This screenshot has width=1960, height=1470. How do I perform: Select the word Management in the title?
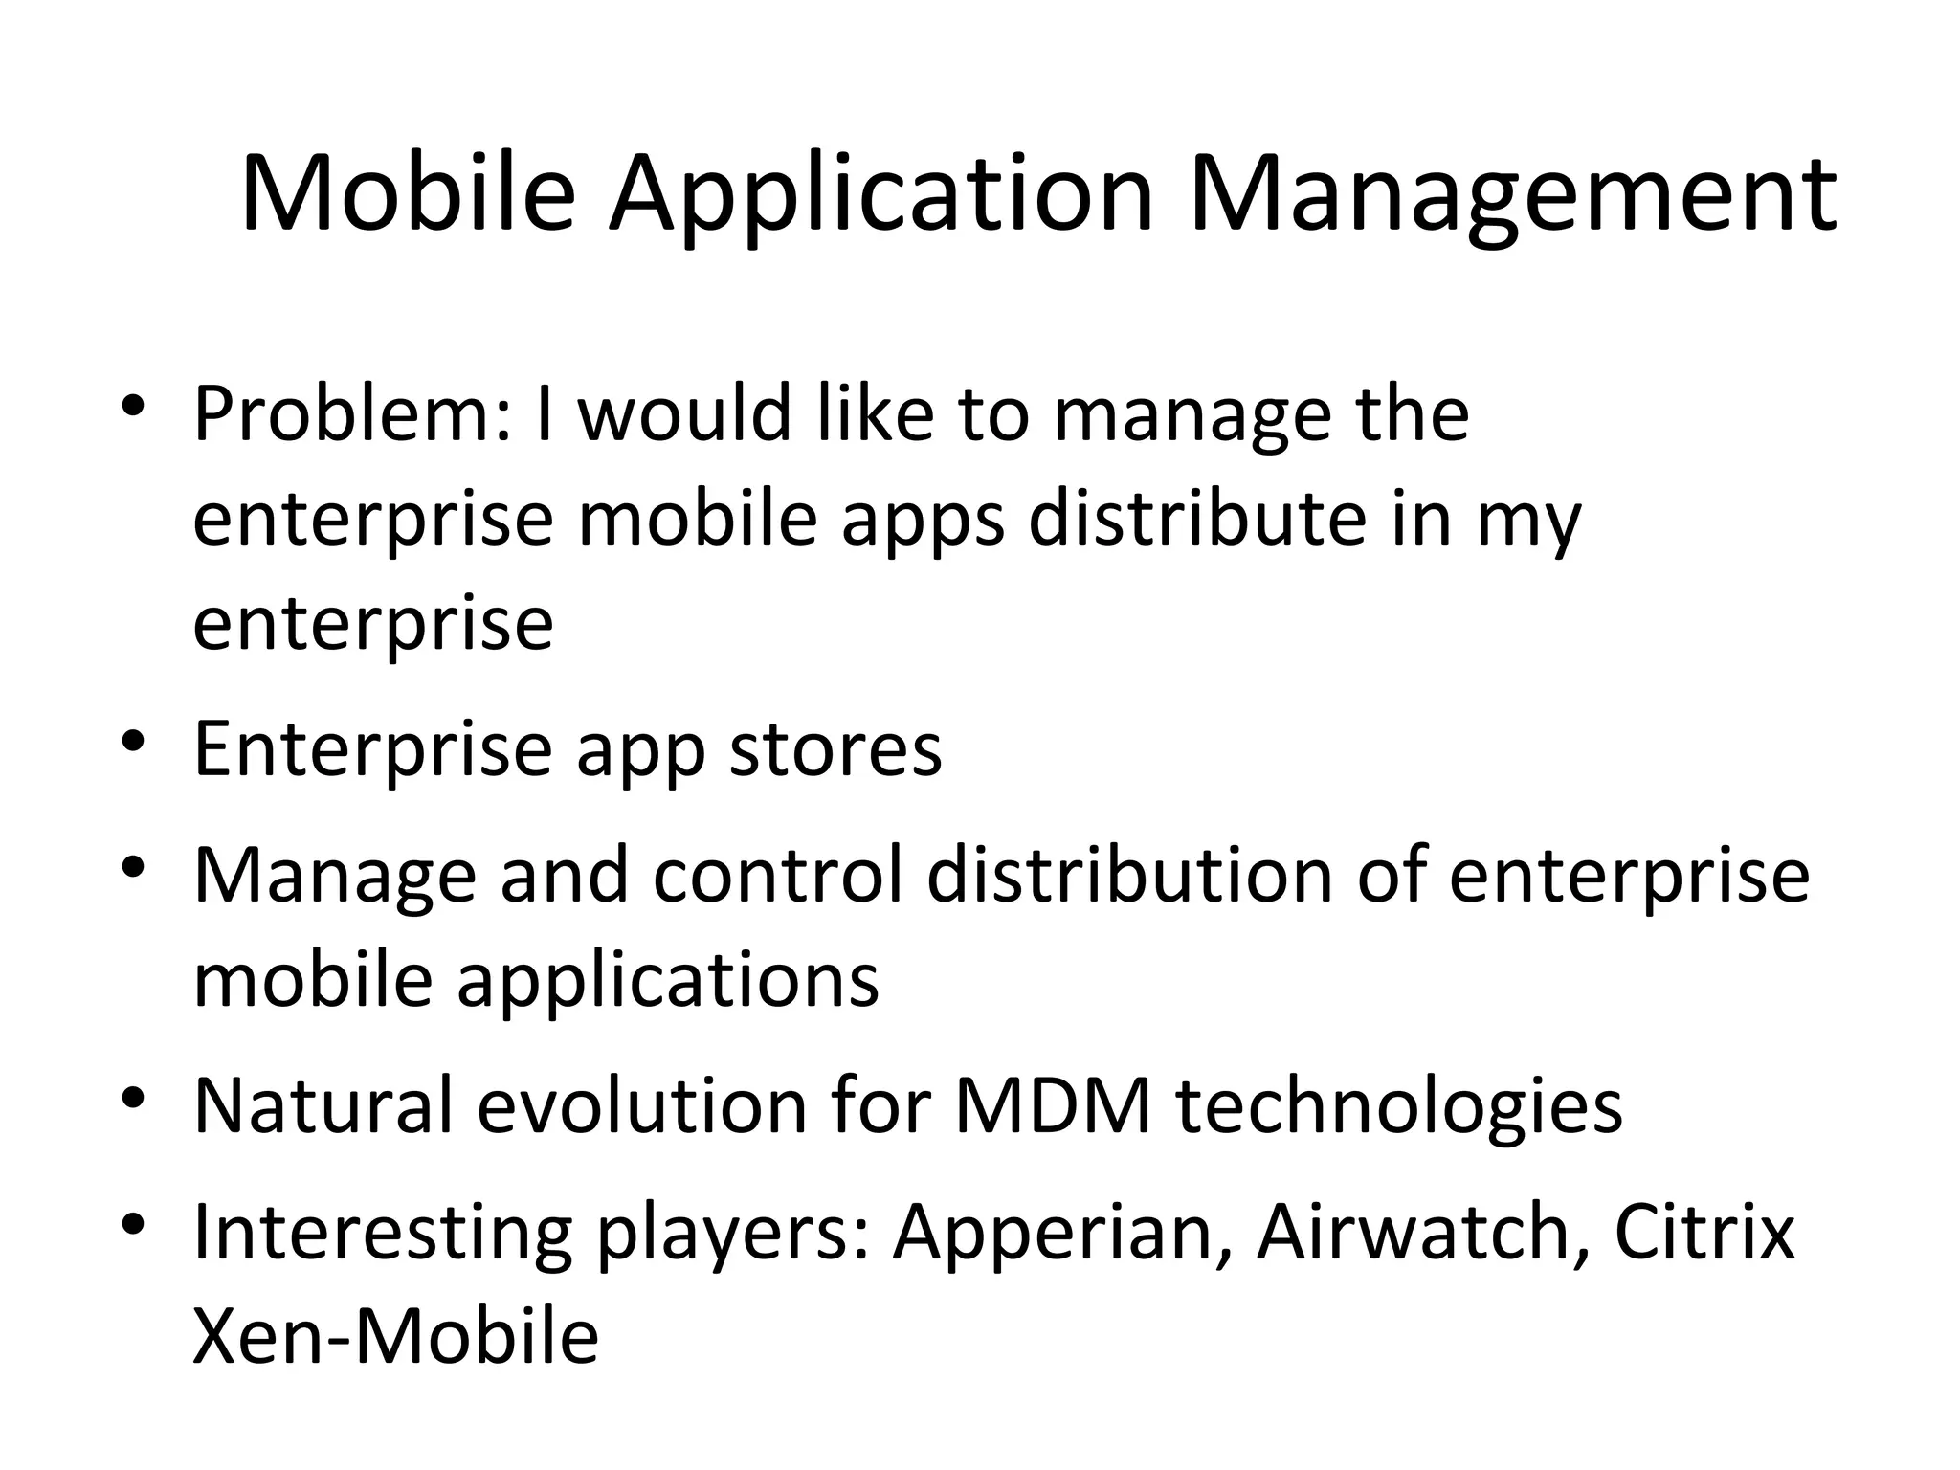1511,196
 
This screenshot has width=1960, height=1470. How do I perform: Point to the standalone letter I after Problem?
545,413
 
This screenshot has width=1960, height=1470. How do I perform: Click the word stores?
835,748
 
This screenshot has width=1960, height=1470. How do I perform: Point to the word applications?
667,980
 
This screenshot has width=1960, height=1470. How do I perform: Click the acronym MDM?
1052,1104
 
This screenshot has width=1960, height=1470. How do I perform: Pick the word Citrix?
1704,1232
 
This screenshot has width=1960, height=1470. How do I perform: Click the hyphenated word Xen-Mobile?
395,1336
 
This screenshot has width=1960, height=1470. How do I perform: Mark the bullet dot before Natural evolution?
133,1095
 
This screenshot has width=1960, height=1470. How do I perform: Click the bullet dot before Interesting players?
133,1222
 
